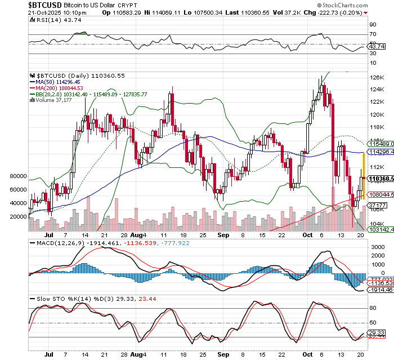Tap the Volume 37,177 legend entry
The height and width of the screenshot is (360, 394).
point(54,100)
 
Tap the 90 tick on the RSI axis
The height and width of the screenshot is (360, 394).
point(373,25)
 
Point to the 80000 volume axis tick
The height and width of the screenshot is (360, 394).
point(19,176)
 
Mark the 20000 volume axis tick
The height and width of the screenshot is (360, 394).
point(19,216)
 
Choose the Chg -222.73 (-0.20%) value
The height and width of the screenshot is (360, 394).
point(334,12)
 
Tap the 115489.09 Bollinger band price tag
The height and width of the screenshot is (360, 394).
point(380,144)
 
